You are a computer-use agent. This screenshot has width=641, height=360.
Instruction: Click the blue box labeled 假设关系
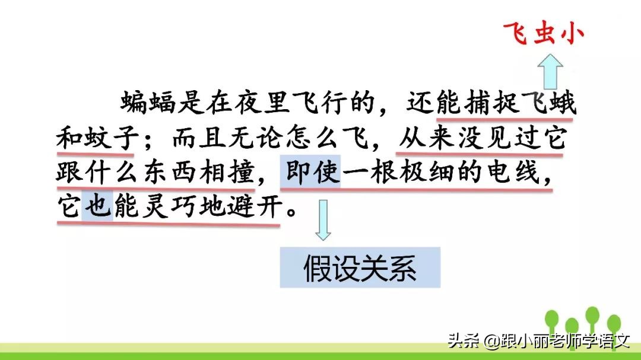click(360, 268)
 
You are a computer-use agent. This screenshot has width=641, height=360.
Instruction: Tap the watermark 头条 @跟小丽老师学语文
click(538, 340)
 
